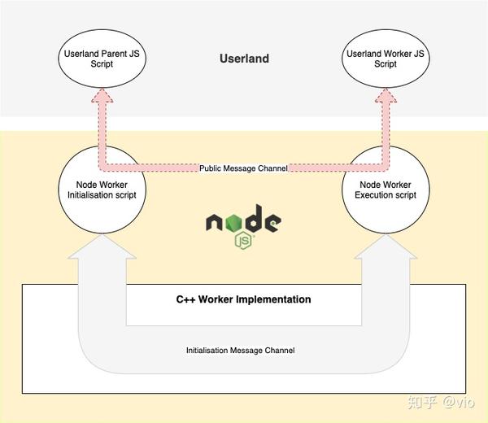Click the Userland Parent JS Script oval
(102, 58)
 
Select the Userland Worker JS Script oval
(386, 58)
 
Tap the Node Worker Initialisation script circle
(101, 190)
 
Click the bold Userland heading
(244, 59)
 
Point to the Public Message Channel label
(244, 168)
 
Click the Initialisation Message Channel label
(240, 351)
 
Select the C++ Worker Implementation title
(244, 299)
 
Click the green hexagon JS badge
(242, 240)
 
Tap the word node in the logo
(242, 220)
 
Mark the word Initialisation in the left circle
(91, 195)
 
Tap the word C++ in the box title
(186, 299)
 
